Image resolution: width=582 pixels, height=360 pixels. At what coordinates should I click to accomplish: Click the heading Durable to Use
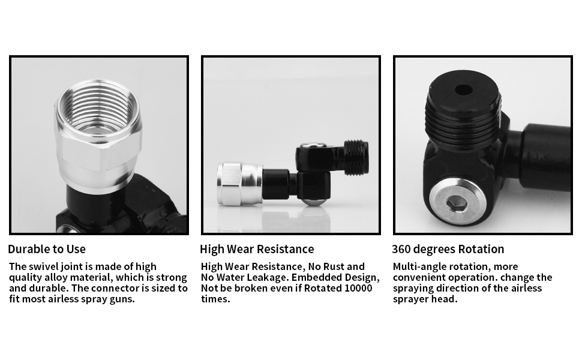click(x=47, y=249)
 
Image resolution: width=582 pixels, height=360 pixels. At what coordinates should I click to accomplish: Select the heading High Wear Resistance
click(x=257, y=249)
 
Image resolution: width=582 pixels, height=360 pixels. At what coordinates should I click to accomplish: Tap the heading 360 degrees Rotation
click(x=448, y=249)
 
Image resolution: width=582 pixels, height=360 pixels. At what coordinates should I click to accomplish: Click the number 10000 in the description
click(x=358, y=288)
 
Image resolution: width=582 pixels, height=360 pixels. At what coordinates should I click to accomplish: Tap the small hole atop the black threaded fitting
click(x=463, y=90)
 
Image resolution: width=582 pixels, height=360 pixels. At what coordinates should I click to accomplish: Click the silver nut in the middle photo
click(x=239, y=183)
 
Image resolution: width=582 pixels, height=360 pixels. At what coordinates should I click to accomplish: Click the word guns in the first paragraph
click(x=121, y=299)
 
